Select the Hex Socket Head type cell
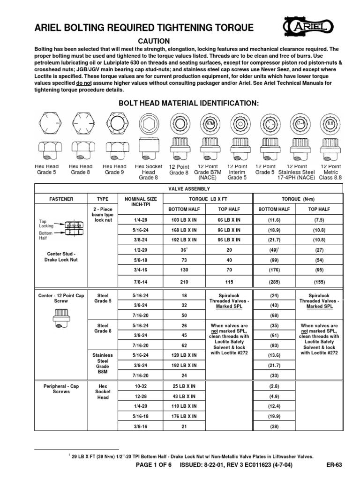[x=102, y=391]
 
